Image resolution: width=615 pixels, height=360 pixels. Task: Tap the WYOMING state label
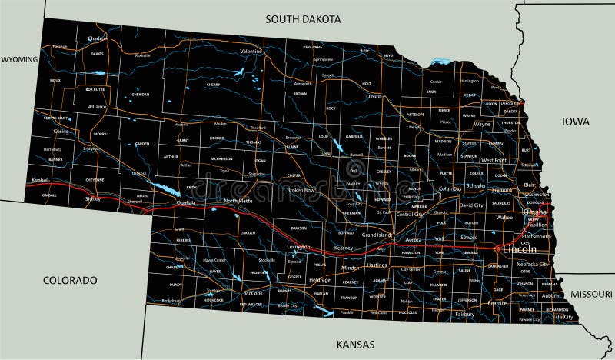19,58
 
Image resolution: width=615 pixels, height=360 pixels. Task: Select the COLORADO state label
70,280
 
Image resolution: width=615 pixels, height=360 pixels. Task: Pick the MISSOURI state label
591,294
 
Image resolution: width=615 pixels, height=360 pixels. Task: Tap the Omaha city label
535,212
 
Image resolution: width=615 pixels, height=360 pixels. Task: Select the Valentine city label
251,52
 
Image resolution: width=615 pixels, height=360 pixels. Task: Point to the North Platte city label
238,201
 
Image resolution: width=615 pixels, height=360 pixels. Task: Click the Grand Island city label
377,234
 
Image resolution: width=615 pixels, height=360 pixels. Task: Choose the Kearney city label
344,248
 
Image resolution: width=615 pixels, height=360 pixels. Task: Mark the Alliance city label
97,107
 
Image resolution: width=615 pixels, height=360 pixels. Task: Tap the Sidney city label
93,198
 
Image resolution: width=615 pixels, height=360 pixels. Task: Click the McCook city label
253,293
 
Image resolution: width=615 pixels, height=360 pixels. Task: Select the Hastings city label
377,265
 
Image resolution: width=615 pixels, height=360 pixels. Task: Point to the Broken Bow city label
301,189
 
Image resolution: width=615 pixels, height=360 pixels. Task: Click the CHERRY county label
213,84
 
